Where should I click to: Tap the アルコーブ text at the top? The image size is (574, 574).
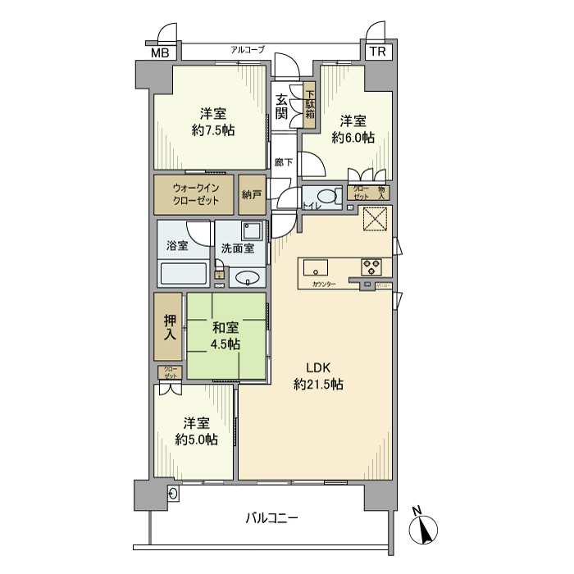247,50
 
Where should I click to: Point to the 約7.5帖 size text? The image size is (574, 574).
212,130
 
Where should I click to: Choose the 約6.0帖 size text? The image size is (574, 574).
353,139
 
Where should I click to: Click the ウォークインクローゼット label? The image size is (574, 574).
194,194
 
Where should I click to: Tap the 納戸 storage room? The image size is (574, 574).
252,194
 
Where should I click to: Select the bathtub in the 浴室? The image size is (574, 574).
184,274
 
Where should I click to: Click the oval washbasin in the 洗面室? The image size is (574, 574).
246,279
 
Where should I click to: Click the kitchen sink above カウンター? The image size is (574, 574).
316,267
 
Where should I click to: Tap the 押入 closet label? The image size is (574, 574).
169,326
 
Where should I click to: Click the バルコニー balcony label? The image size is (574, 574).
271,518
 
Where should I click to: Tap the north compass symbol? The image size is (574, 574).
423,529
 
